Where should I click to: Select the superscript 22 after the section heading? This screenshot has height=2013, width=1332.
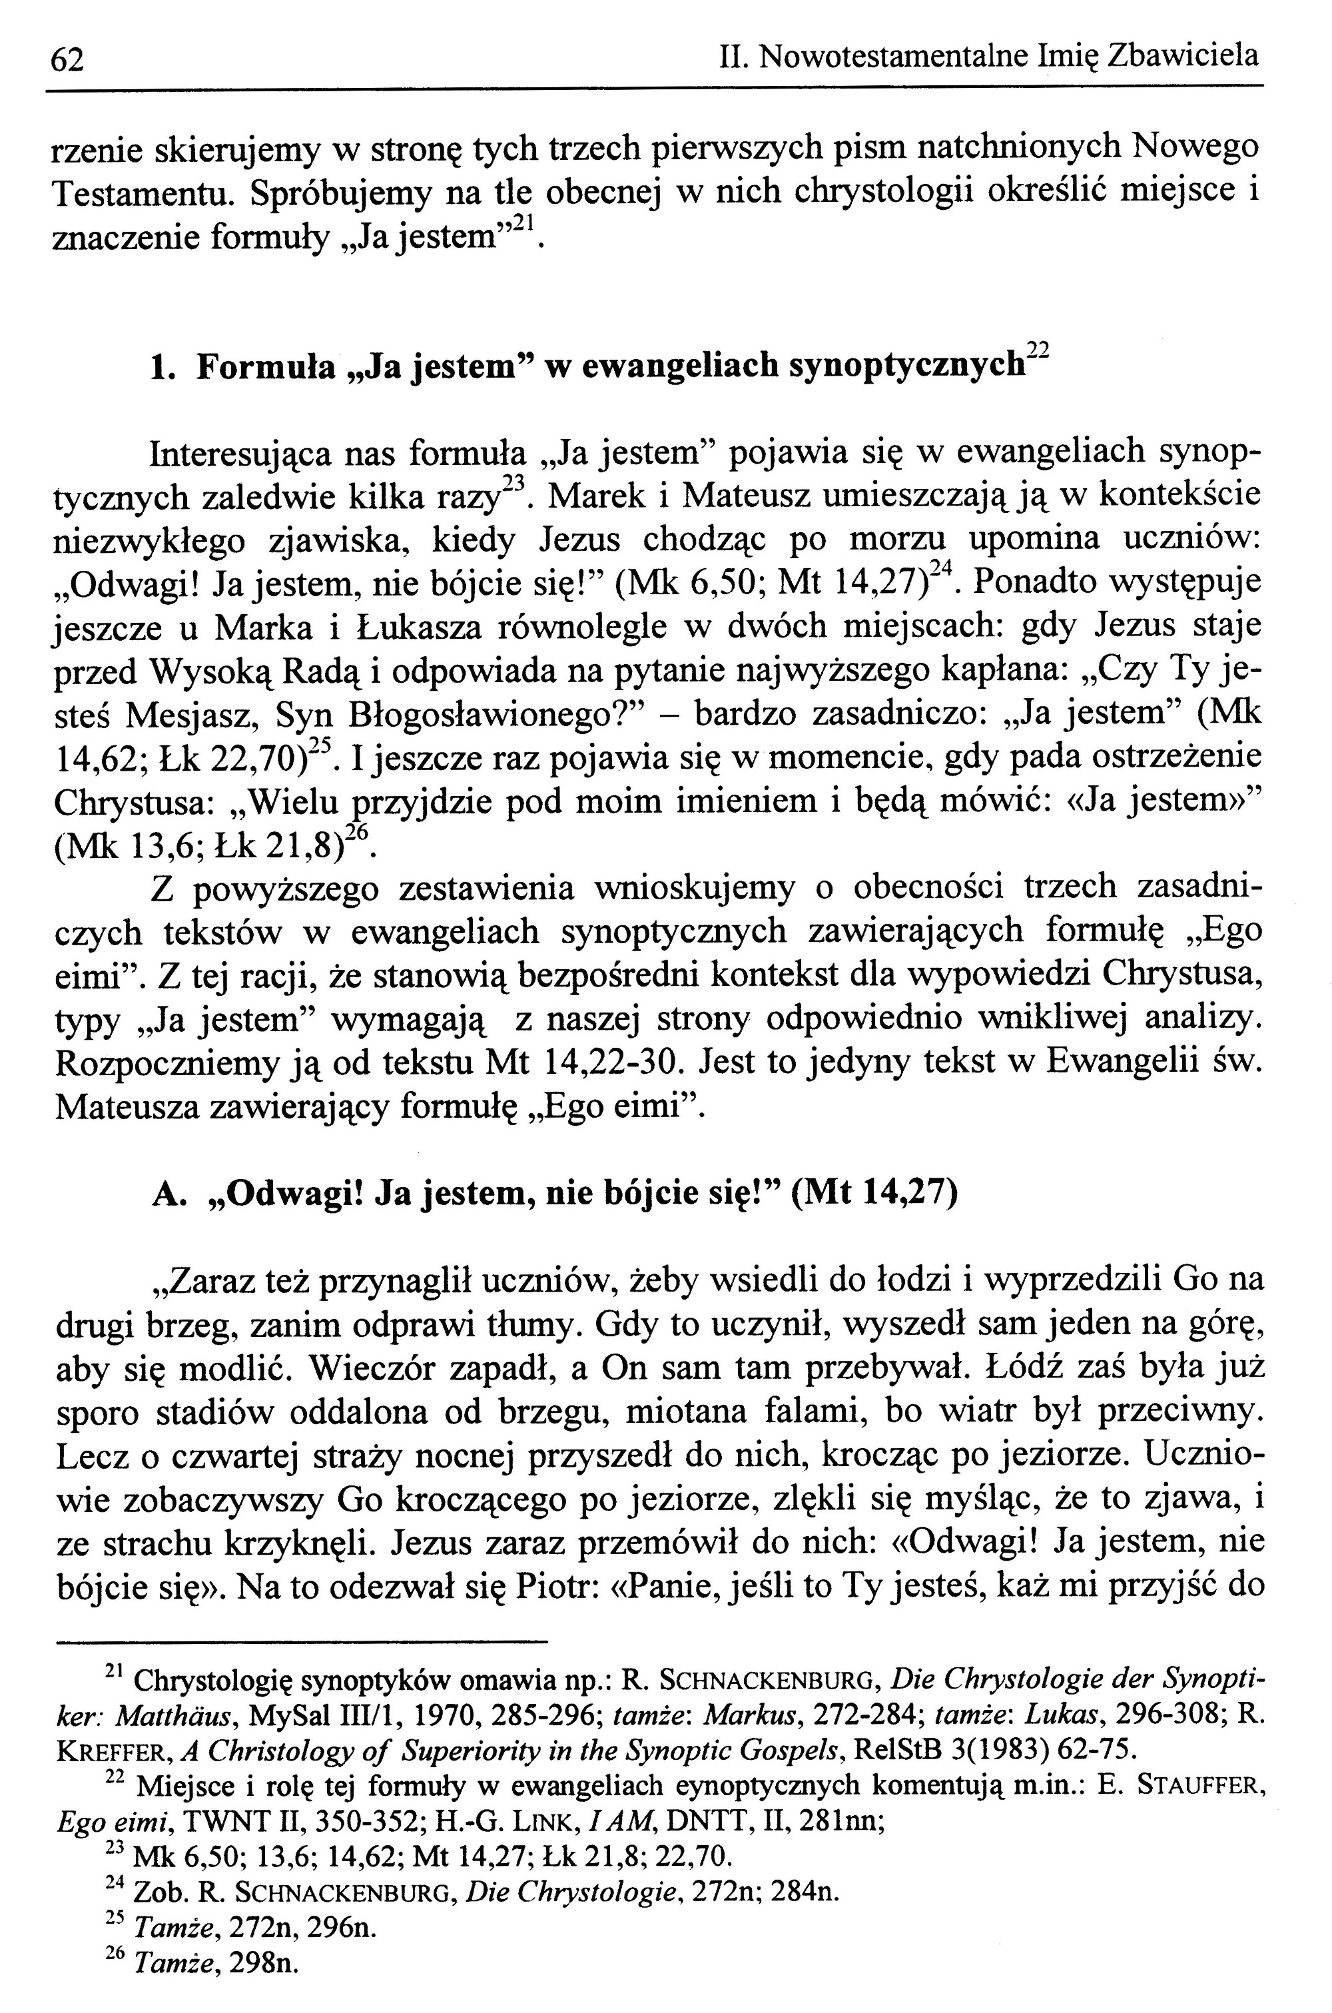point(1038,351)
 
